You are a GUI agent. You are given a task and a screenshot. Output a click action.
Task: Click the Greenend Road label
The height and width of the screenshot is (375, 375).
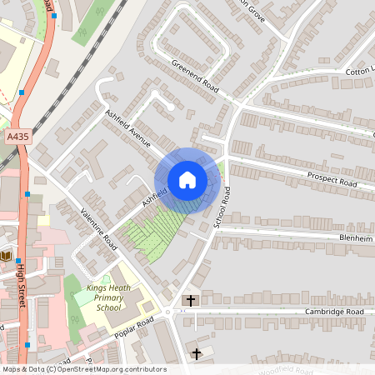pos(195,77)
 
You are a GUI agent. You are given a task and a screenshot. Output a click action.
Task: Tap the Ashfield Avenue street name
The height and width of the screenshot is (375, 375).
pos(127,127)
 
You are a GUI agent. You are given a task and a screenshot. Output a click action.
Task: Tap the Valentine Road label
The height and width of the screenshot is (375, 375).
pos(97,228)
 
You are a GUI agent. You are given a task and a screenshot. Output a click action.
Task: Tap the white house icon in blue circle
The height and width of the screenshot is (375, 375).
pos(187,180)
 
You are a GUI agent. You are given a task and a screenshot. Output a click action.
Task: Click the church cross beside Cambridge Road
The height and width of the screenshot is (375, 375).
pos(190,299)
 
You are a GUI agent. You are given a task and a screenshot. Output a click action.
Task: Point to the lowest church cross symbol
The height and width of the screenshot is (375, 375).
pos(197,354)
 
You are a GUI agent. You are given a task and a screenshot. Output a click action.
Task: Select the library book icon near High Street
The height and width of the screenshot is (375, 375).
pos(7,256)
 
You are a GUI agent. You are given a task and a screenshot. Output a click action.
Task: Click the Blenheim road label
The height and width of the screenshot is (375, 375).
pos(353,237)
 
